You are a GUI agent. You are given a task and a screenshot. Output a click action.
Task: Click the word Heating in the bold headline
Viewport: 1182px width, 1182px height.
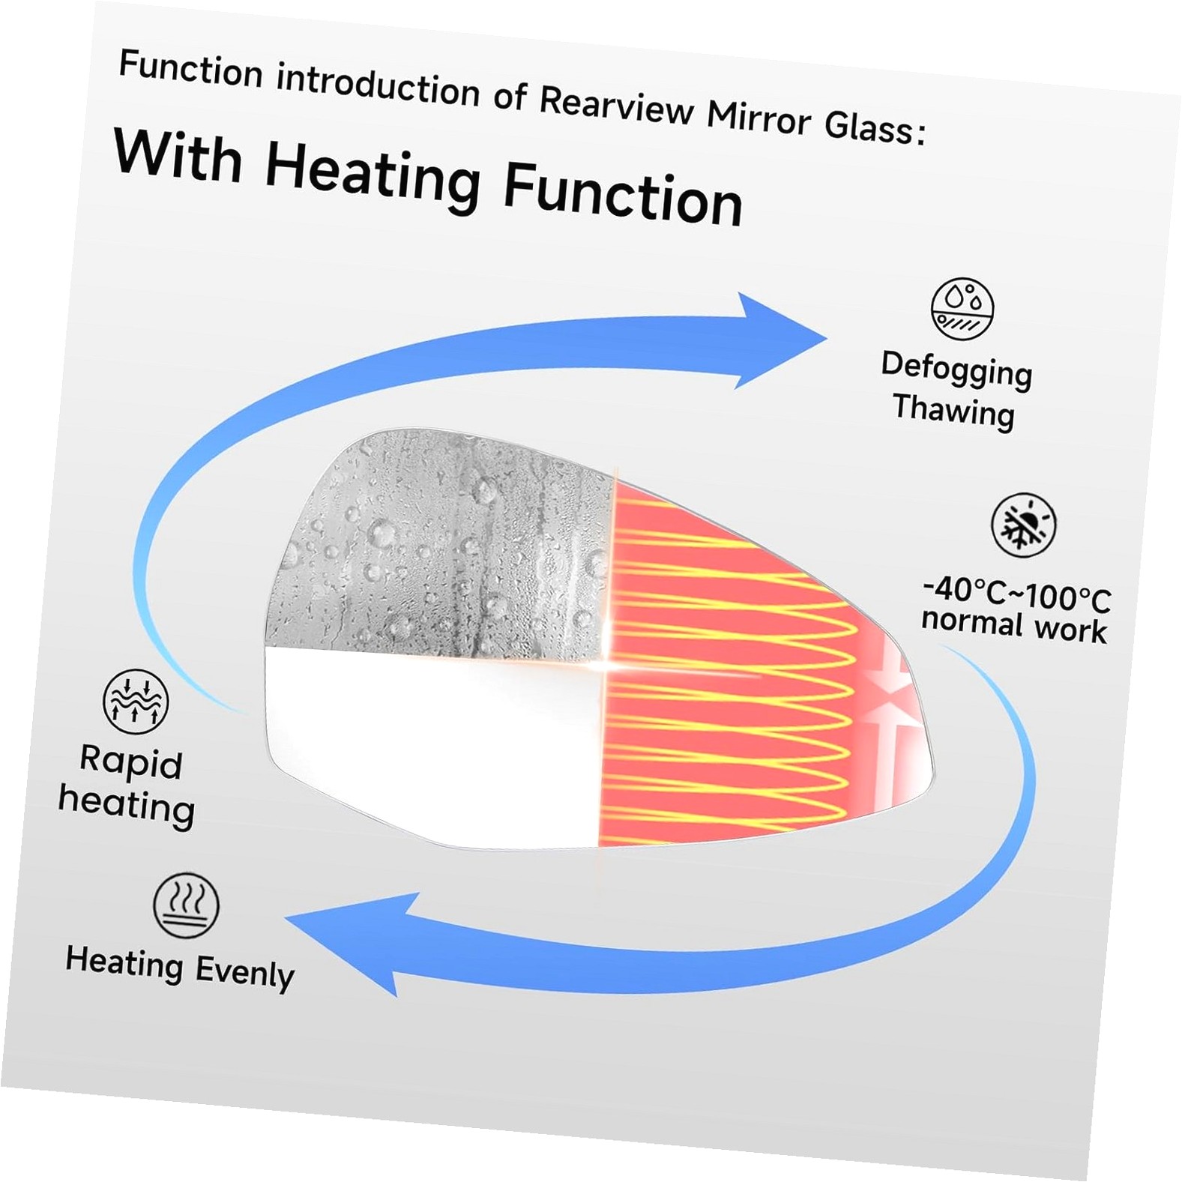(x=373, y=178)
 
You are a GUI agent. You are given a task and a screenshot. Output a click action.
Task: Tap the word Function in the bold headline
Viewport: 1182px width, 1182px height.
(x=622, y=196)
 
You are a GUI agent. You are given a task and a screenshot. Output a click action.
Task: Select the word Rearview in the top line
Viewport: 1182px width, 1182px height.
(x=617, y=106)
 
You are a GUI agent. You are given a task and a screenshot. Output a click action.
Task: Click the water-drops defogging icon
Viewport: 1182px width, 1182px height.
(x=962, y=309)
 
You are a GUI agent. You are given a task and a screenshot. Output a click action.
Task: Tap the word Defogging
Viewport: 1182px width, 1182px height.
(x=956, y=370)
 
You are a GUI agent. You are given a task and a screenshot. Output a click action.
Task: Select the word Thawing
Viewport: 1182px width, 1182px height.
(x=953, y=411)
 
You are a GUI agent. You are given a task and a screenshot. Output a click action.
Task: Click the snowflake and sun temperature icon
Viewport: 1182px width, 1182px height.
(x=1023, y=525)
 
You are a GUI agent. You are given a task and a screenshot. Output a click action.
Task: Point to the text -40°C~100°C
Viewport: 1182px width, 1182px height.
(x=1016, y=594)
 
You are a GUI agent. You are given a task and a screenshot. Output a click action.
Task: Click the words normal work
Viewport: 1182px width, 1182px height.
(x=1013, y=626)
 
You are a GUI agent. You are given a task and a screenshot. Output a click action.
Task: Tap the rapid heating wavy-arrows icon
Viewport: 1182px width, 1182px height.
(x=136, y=702)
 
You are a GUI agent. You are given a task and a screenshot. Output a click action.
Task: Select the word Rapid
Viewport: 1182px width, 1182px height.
(x=131, y=762)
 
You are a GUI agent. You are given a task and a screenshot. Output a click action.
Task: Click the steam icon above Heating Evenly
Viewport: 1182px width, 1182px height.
(x=187, y=905)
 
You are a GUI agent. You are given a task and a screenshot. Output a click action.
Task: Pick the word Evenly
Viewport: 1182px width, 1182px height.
(x=244, y=973)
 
